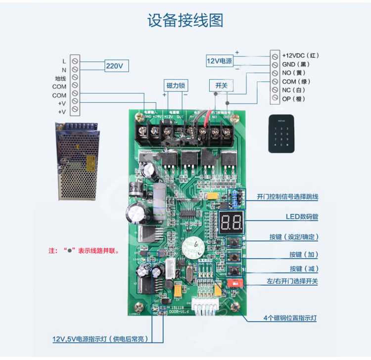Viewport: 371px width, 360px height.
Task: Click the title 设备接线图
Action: click(x=185, y=20)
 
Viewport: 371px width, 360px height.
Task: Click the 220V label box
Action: click(x=117, y=65)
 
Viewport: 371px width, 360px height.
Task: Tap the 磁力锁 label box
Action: click(x=175, y=86)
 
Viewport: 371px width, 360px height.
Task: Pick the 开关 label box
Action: click(x=221, y=86)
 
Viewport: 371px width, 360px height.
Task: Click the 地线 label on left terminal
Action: click(x=60, y=78)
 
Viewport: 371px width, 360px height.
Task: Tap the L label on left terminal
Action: click(x=64, y=61)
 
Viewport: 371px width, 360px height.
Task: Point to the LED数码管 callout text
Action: click(x=301, y=217)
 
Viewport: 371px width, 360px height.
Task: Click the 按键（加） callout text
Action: click(x=304, y=254)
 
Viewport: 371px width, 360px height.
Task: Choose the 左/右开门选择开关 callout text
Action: click(x=292, y=281)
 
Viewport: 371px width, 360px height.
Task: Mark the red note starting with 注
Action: click(x=84, y=251)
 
